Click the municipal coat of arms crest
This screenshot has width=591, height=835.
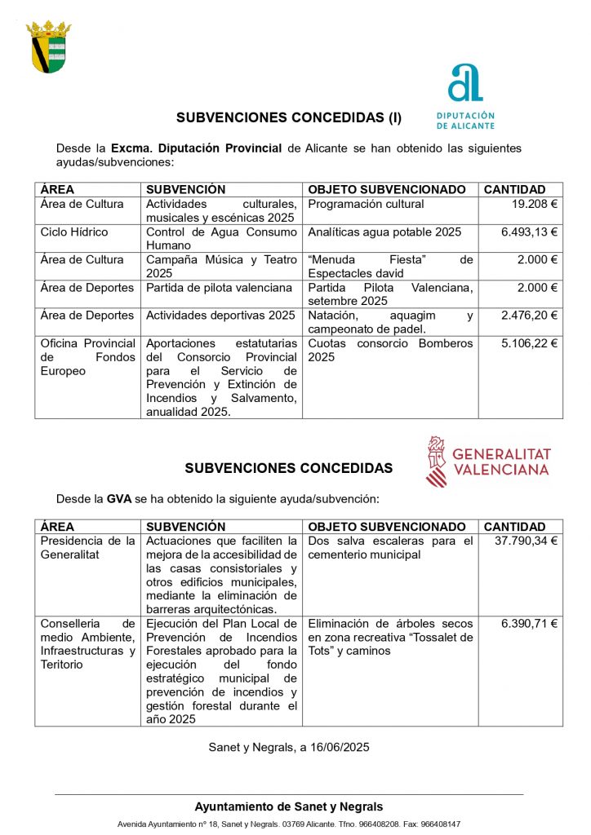[49, 47]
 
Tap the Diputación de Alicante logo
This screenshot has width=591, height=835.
[465, 96]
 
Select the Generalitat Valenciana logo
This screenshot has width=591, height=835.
[488, 462]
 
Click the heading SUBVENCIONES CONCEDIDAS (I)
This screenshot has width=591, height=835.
[289, 117]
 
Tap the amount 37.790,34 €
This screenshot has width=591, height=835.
[526, 541]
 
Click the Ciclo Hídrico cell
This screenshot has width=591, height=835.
[74, 232]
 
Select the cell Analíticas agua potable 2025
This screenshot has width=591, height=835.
[384, 232]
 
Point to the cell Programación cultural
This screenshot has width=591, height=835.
[366, 204]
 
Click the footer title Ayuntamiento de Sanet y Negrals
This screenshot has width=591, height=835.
[288, 806]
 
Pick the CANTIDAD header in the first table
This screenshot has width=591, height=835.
[514, 189]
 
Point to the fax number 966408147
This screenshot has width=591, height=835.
[440, 824]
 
